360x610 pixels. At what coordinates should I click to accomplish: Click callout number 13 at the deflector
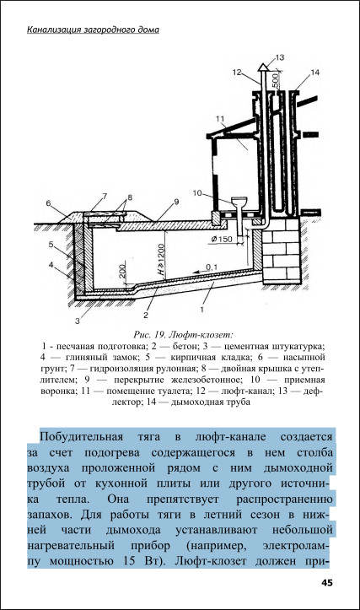(280, 57)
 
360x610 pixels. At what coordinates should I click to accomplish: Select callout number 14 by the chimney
(314, 72)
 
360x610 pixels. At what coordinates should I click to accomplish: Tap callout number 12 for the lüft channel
(237, 72)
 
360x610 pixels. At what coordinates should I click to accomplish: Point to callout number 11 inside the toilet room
(220, 118)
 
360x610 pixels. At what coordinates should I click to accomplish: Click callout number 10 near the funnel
(197, 192)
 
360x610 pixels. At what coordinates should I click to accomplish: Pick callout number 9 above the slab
(176, 202)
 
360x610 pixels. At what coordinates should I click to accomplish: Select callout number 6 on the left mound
(48, 202)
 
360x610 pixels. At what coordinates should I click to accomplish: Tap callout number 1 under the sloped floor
(201, 310)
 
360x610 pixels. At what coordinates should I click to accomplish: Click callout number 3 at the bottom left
(78, 321)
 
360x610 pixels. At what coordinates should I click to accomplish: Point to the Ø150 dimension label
(223, 239)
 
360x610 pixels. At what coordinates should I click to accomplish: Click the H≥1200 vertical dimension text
(161, 263)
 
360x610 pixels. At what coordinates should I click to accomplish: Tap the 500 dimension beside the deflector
(276, 80)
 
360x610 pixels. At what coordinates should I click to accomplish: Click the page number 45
(326, 583)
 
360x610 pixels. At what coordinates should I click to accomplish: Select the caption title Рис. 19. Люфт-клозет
(183, 335)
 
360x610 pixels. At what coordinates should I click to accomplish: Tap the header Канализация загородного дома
(93, 30)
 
